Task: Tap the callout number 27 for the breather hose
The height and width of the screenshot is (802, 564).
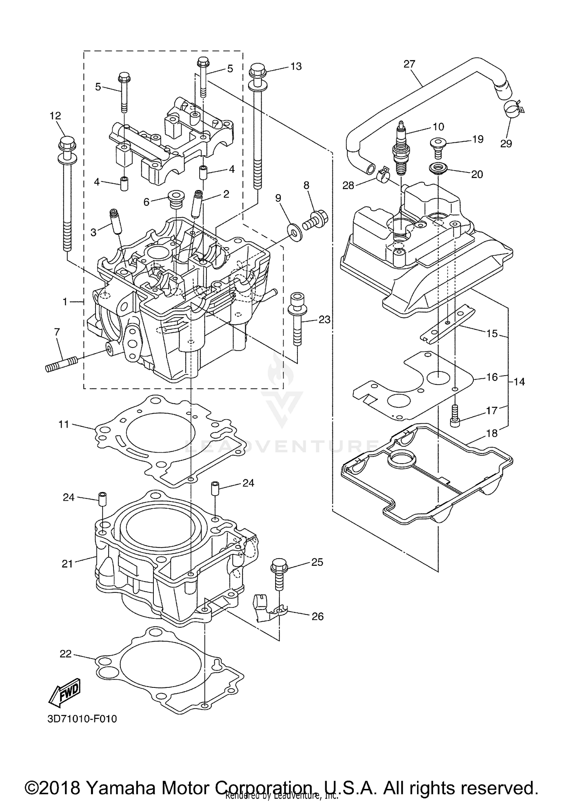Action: pyautogui.click(x=409, y=64)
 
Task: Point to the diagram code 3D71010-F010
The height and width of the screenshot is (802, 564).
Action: pyautogui.click(x=82, y=719)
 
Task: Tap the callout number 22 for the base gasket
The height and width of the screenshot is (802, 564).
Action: pyautogui.click(x=65, y=654)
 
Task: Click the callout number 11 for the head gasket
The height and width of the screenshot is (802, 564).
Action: pyautogui.click(x=64, y=424)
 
